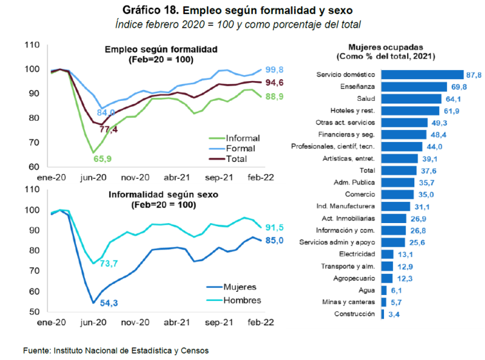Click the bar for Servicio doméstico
click(422, 75)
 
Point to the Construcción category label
click(353, 314)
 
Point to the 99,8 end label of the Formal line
click(275, 69)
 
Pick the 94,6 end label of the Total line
click(275, 83)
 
